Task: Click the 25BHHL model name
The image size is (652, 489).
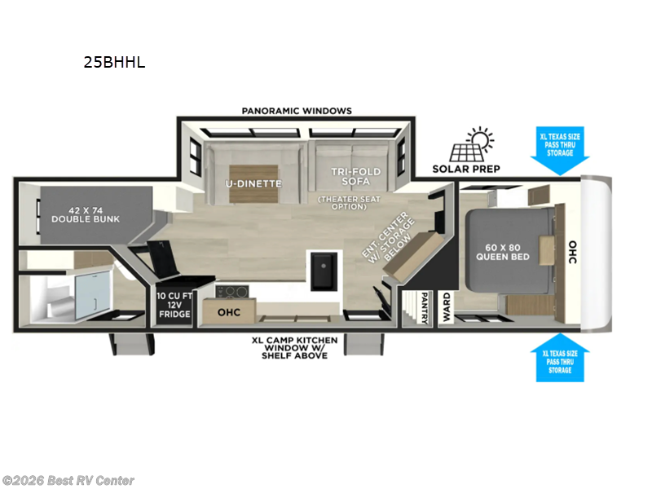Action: click(114, 63)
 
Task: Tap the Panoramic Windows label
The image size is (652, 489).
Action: click(297, 111)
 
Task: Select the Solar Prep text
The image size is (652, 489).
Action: click(466, 169)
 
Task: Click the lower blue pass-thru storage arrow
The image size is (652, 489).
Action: click(560, 358)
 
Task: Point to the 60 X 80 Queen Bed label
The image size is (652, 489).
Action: click(503, 252)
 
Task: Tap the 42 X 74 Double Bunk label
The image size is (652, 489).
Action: click(86, 214)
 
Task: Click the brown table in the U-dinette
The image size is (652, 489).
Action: click(253, 184)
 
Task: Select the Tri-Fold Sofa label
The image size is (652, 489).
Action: click(355, 176)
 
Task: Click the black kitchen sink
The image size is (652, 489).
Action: click(324, 271)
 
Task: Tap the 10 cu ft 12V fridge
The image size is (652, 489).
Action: click(174, 305)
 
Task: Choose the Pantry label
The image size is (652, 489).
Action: click(425, 308)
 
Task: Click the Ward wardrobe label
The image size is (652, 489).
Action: click(446, 307)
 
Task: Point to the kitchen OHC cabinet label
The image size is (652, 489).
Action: click(229, 312)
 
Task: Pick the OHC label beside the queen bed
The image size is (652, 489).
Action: click(573, 252)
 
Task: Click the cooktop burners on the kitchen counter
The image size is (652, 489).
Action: click(232, 292)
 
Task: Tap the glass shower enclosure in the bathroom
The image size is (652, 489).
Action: click(93, 294)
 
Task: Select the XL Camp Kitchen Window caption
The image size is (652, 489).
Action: click(294, 348)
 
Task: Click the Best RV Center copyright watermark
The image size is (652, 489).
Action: click(68, 481)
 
